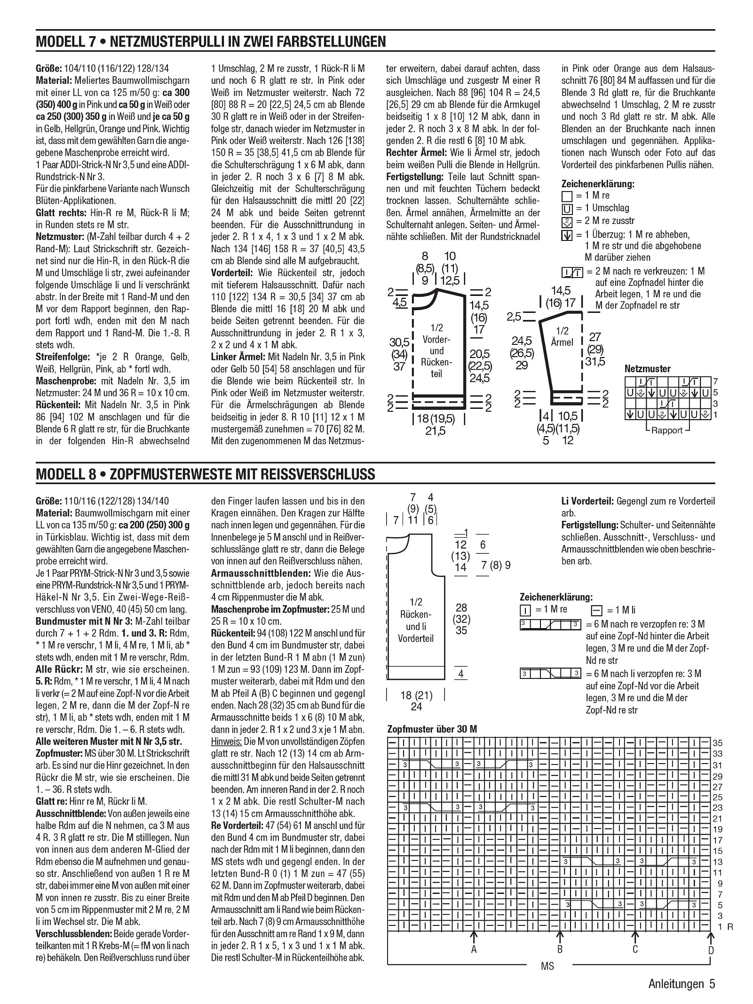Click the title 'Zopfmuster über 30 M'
[x=432, y=729]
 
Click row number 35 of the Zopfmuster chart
[x=718, y=743]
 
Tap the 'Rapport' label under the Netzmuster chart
[x=666, y=430]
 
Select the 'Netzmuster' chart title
[x=647, y=369]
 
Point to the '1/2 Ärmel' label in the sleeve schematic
[x=562, y=337]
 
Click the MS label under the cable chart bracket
[x=547, y=966]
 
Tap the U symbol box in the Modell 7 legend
[x=567, y=208]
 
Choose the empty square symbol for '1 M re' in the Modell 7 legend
[x=567, y=196]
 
